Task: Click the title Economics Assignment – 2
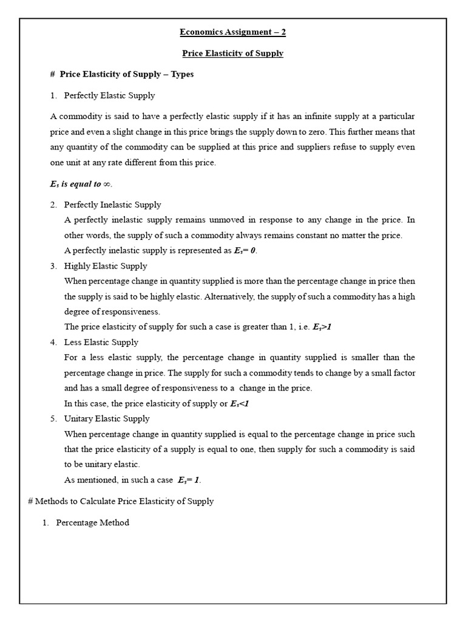[233, 32]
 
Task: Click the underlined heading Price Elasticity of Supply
[233, 53]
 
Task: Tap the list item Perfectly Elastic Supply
[109, 95]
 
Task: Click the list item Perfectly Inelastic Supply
[112, 205]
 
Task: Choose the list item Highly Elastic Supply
[106, 266]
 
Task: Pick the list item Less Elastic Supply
[101, 342]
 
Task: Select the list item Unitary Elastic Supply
[107, 419]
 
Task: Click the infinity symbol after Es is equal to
[107, 184]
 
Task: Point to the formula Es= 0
[245, 251]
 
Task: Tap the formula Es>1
[322, 327]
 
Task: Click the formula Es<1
[240, 403]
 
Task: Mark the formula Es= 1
[189, 480]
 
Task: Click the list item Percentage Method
[92, 522]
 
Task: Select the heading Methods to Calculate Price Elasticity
[121, 501]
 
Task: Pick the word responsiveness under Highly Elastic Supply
[126, 312]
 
